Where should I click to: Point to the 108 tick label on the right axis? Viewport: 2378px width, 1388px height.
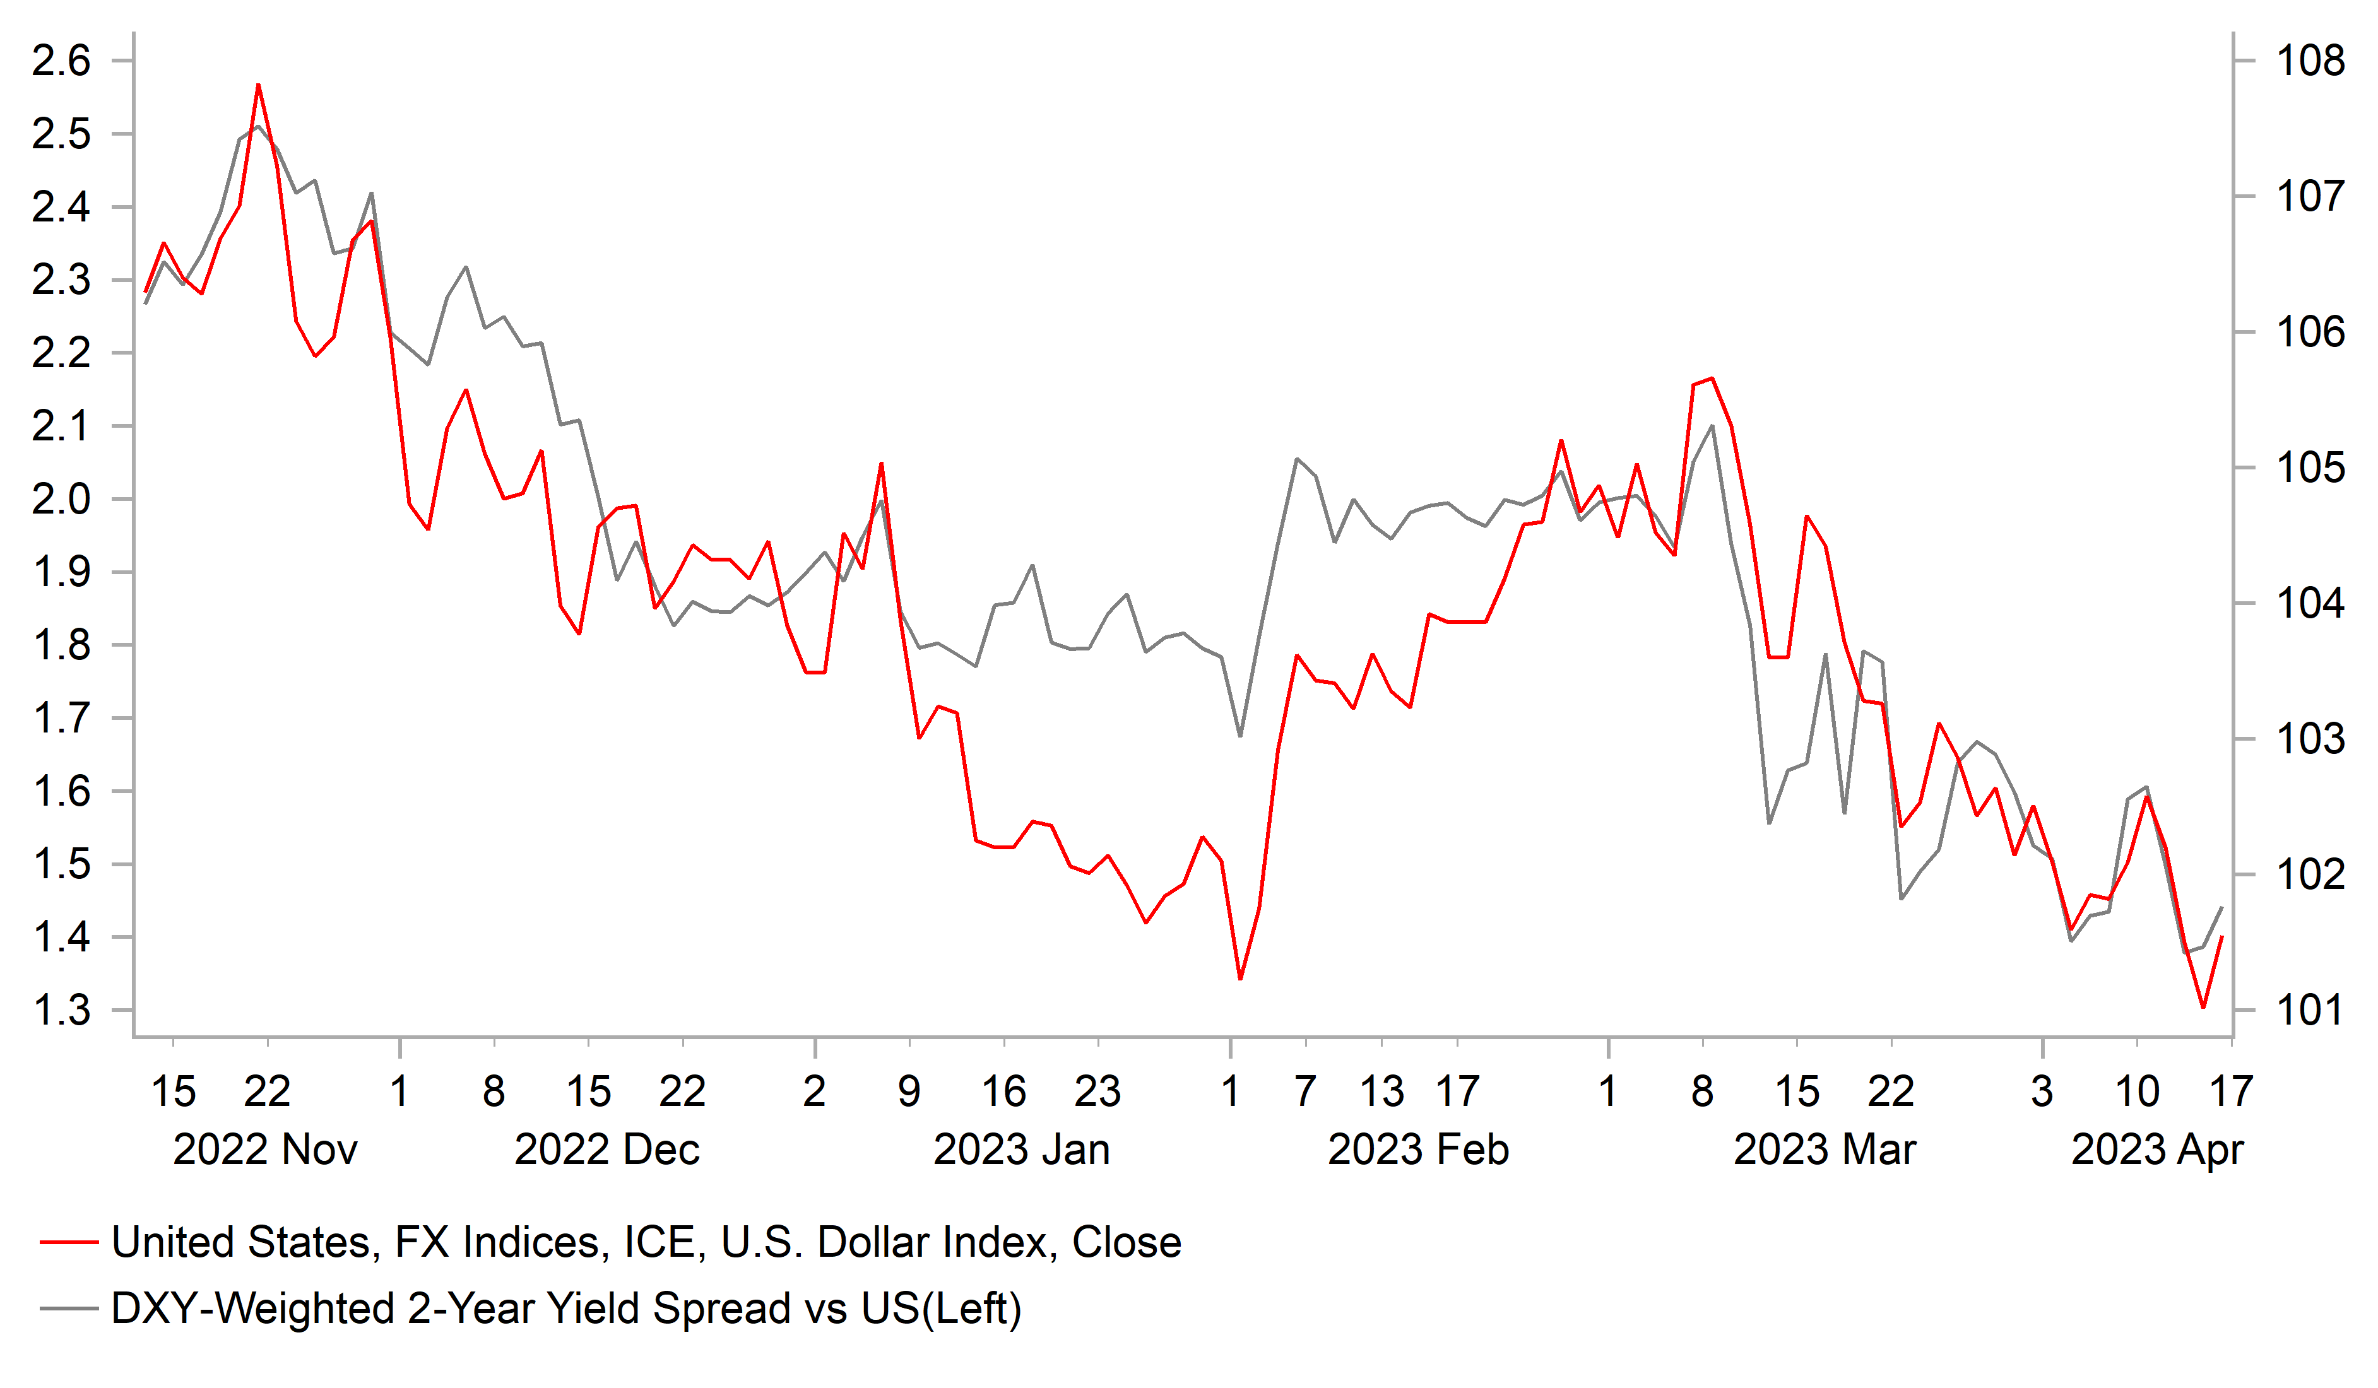point(2309,61)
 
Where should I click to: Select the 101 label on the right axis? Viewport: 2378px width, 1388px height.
point(2309,1011)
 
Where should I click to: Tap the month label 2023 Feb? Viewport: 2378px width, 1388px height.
point(1417,1150)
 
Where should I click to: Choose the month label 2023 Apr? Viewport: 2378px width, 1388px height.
point(2157,1150)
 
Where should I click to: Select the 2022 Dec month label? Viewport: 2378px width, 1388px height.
point(606,1150)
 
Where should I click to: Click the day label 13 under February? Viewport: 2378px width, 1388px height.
point(1381,1091)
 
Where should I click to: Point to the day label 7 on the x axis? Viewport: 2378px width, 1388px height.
point(1305,1091)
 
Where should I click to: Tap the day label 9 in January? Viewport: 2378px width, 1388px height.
point(909,1091)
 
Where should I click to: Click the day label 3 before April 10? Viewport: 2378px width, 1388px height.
point(2042,1091)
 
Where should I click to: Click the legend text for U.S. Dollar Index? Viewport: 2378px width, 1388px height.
point(646,1243)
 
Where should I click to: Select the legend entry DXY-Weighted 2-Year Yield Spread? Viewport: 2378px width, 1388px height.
point(566,1309)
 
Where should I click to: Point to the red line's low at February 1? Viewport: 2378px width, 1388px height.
point(1240,979)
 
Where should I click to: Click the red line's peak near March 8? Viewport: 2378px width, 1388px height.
point(1712,379)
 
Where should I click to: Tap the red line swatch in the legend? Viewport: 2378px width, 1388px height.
point(69,1243)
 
